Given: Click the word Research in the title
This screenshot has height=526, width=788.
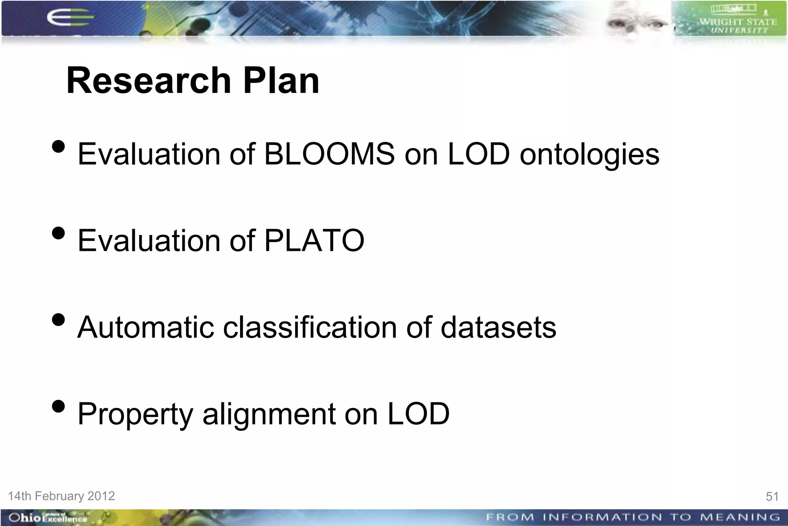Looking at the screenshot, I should (149, 81).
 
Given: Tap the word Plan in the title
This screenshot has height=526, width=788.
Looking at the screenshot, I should (281, 81).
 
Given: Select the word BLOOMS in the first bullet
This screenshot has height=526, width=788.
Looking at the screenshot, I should (329, 154).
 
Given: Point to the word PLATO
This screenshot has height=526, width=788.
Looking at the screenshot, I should (314, 240).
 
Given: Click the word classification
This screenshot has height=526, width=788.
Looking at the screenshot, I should (309, 328).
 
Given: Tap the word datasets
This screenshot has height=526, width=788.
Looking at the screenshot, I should (498, 328).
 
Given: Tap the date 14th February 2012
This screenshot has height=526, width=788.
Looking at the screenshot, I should (62, 496).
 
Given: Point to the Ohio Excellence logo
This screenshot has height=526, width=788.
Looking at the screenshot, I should (48, 518).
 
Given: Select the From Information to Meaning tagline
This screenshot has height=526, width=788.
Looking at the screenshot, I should (633, 517).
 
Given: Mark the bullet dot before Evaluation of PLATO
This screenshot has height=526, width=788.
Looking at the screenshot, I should (58, 233).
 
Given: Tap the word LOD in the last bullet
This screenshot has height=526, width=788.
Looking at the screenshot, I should (418, 414).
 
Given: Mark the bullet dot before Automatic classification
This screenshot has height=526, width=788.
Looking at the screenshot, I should (58, 320).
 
